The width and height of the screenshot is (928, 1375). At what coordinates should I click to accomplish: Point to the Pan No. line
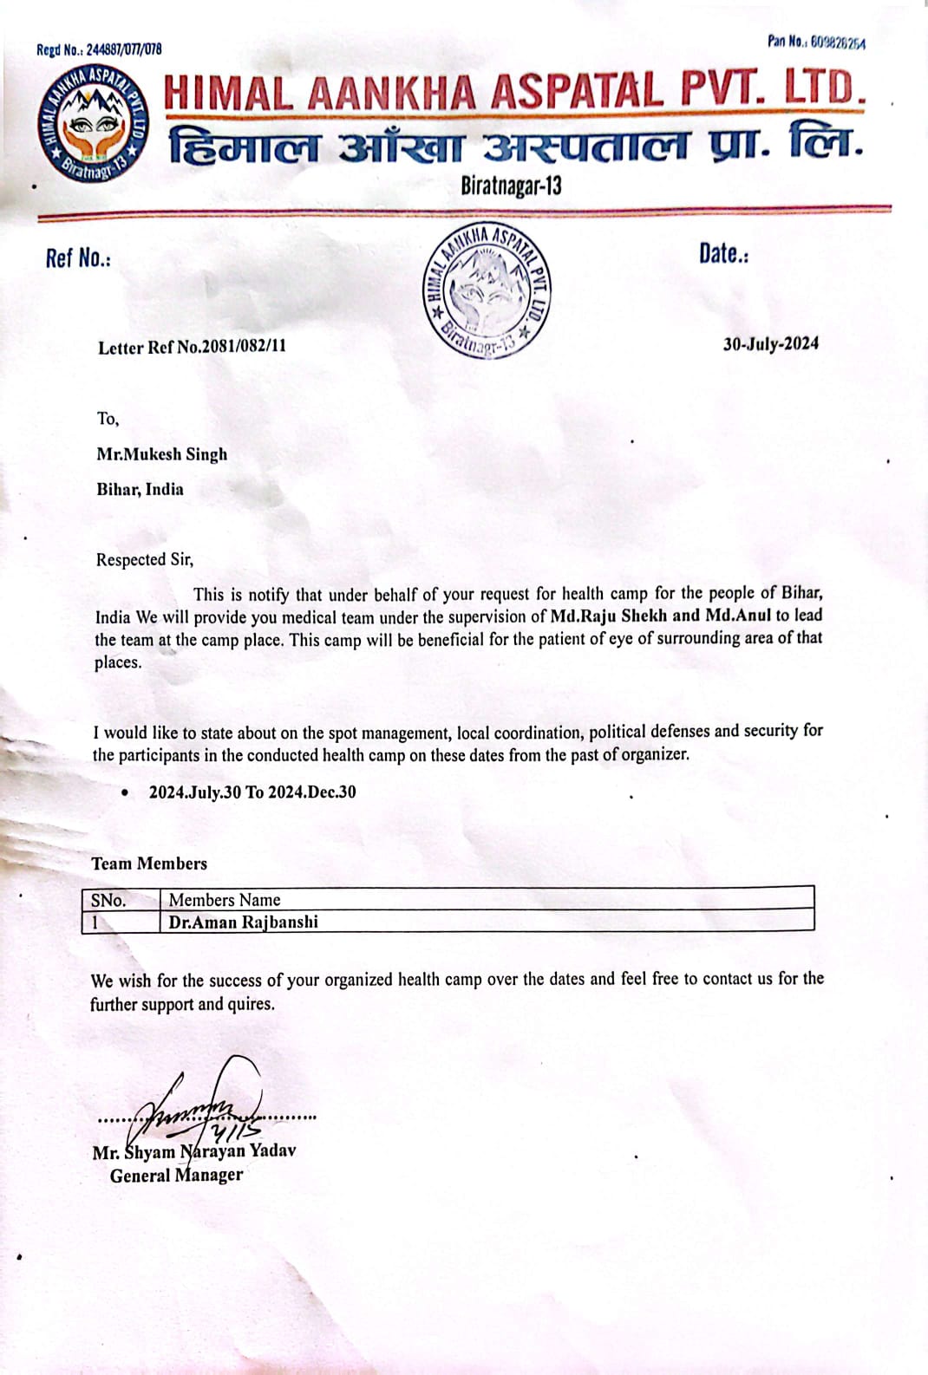(x=815, y=42)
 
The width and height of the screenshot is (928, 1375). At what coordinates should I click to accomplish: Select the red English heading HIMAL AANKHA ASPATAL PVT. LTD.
(x=514, y=92)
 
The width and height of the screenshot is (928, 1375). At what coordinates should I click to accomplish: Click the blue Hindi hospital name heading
(x=515, y=146)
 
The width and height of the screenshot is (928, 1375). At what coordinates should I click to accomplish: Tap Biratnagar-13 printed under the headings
(x=511, y=186)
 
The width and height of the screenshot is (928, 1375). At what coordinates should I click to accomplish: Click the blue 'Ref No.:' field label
(x=78, y=258)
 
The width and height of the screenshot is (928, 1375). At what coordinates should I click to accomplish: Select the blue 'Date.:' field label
(x=723, y=254)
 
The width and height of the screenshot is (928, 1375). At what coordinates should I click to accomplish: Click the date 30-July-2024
(x=770, y=344)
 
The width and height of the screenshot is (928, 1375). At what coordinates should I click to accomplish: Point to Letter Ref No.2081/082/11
(x=192, y=347)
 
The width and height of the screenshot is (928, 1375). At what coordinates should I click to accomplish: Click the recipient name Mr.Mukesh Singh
(x=161, y=454)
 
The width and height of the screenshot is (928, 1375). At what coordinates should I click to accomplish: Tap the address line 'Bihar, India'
(x=140, y=489)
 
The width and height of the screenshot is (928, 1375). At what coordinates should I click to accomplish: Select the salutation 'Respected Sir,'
(x=144, y=560)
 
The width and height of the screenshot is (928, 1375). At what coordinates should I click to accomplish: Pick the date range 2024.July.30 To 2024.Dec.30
(x=252, y=792)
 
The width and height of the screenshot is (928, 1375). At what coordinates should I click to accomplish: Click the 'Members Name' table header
(x=225, y=900)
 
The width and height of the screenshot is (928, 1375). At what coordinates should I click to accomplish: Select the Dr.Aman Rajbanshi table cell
(x=244, y=922)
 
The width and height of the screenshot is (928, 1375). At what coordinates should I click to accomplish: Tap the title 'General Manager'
(x=176, y=1176)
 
